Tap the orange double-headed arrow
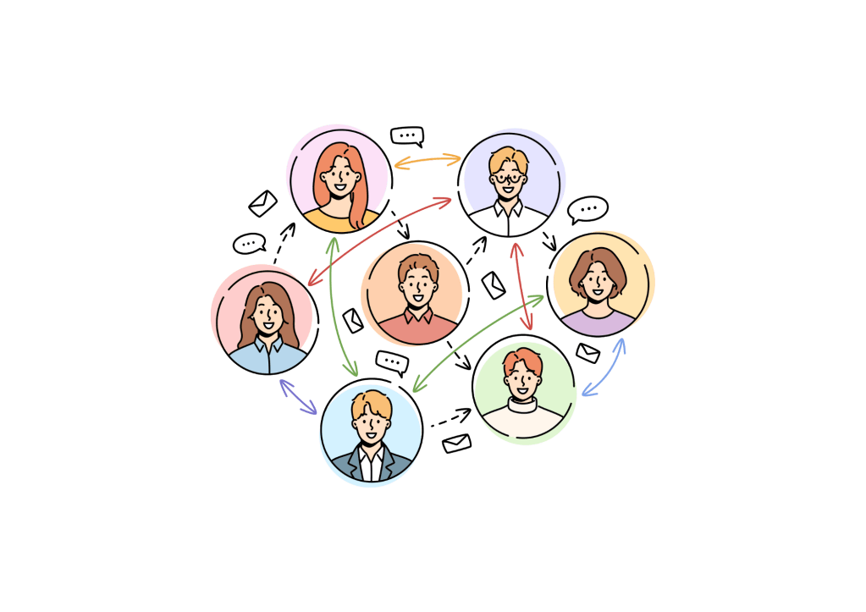click(428, 159)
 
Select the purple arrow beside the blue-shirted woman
click(299, 397)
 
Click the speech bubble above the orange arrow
click(407, 135)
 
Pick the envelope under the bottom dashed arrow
click(456, 443)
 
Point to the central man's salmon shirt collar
click(415, 316)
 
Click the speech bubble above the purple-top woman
click(587, 209)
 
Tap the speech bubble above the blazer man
click(392, 361)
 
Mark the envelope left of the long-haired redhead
click(263, 204)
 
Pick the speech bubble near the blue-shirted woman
click(249, 244)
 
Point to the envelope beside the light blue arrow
click(587, 352)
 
